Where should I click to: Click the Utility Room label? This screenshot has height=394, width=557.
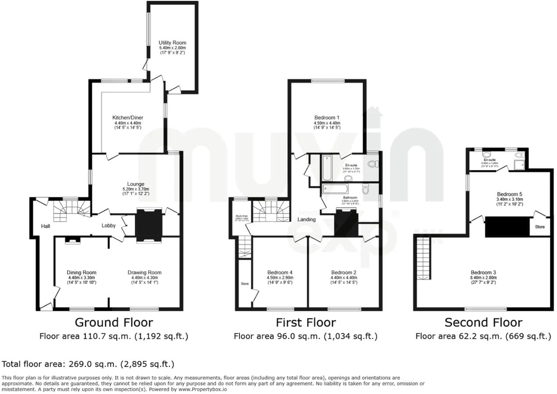pyautogui.click(x=172, y=43)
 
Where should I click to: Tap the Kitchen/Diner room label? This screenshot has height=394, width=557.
pyautogui.click(x=128, y=118)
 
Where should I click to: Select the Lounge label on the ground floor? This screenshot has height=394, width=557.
pyautogui.click(x=136, y=184)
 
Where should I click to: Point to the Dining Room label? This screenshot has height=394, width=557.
pyautogui.click(x=82, y=272)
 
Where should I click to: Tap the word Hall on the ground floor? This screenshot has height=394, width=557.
pyautogui.click(x=46, y=226)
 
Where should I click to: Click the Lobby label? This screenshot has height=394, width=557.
pyautogui.click(x=108, y=226)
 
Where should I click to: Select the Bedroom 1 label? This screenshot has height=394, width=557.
pyautogui.click(x=327, y=118)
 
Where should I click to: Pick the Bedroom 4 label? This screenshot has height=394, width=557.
pyautogui.click(x=279, y=272)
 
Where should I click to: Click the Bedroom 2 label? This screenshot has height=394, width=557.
pyautogui.click(x=344, y=272)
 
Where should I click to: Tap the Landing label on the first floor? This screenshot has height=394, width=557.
pyautogui.click(x=307, y=219)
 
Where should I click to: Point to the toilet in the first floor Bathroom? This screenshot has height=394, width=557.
pyautogui.click(x=365, y=189)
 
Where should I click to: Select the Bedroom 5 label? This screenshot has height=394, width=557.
pyautogui.click(x=510, y=194)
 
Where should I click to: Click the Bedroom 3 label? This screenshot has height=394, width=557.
pyautogui.click(x=483, y=272)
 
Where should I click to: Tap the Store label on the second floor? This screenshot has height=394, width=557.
pyautogui.click(x=540, y=227)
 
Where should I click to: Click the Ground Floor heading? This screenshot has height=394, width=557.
pyautogui.click(x=114, y=323)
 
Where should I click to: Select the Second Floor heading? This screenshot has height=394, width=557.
pyautogui.click(x=483, y=323)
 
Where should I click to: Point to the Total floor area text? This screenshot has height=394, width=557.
pyautogui.click(x=88, y=364)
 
